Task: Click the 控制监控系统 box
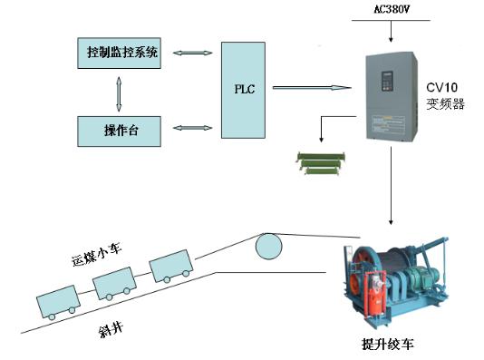[x=119, y=54]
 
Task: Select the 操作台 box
[x=119, y=131]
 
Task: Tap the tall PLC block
[x=243, y=90]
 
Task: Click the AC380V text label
[x=392, y=10]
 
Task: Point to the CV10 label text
[x=441, y=87]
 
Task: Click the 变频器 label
[x=445, y=104]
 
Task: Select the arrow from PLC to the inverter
[x=312, y=88]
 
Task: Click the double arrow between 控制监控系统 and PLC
[x=193, y=54]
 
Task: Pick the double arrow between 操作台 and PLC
[x=193, y=128]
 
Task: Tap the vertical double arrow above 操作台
[x=119, y=94]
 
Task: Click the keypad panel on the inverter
[x=387, y=82]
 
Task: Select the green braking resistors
[x=321, y=163]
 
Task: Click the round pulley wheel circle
[x=268, y=247]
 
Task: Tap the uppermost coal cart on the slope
[x=171, y=266]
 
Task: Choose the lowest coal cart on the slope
[x=59, y=303]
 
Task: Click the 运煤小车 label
[x=97, y=254]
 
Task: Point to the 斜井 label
[x=111, y=330]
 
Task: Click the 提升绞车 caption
[x=387, y=344]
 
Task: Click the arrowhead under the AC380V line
[x=391, y=40]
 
